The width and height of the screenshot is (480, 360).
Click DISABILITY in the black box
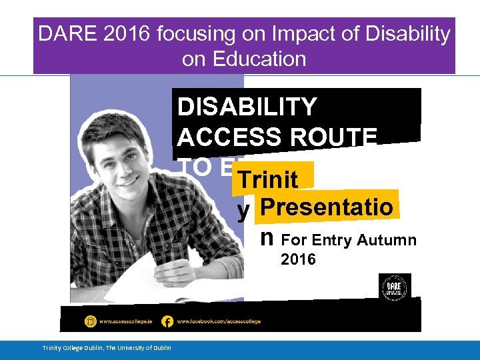click(247, 107)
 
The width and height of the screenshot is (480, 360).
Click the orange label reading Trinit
click(268, 179)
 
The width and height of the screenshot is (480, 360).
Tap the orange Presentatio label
click(327, 207)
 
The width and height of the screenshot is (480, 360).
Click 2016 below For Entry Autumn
click(298, 259)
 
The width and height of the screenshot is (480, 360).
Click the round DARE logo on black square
click(395, 286)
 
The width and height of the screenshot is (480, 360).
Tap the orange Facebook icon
click(167, 321)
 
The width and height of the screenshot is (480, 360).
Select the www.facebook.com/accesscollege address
click(219, 321)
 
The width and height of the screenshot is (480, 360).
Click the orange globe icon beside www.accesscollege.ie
click(90, 321)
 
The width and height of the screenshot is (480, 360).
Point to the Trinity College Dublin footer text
click(107, 347)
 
